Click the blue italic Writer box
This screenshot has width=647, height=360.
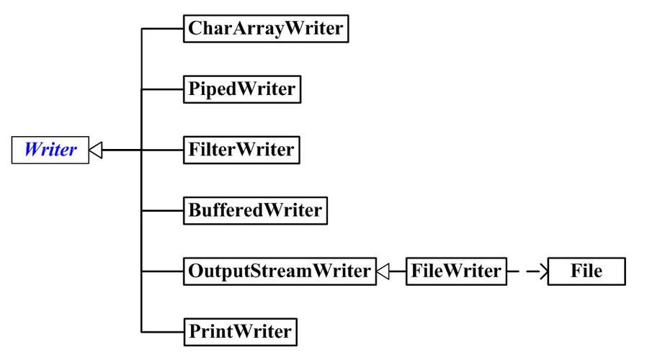(50, 150)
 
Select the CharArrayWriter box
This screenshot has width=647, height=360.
(266, 29)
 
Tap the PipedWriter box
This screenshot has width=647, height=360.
(241, 89)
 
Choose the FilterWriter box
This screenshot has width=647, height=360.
(241, 150)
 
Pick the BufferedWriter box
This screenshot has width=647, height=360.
(255, 210)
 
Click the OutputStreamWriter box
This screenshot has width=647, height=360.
(280, 271)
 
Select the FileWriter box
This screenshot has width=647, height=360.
(455, 271)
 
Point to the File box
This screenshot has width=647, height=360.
(586, 271)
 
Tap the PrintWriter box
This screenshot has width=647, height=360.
(240, 331)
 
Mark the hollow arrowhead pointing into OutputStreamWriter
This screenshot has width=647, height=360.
(383, 271)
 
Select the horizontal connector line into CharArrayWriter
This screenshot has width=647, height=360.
(162, 29)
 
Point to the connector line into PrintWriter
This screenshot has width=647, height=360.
(162, 331)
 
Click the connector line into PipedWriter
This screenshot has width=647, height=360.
(162, 89)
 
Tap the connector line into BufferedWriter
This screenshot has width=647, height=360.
(162, 210)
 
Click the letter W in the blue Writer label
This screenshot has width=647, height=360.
(32, 150)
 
